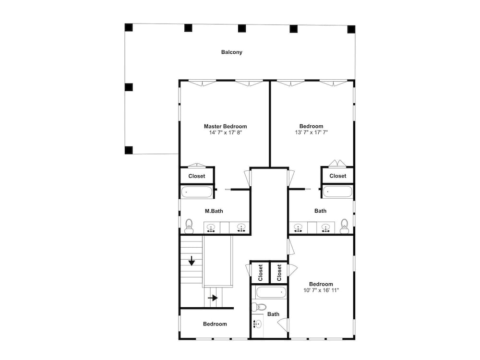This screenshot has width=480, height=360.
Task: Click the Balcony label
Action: [x=232, y=52]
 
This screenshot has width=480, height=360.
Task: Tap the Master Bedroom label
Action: [x=225, y=126]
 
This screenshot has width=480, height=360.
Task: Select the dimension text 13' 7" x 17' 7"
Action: [x=312, y=132]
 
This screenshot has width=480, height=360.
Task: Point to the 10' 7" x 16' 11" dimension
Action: [x=321, y=290]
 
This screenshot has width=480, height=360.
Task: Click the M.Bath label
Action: [x=214, y=211]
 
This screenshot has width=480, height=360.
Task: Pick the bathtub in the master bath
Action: [x=196, y=192]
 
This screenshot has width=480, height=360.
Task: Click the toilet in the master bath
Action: [x=189, y=226]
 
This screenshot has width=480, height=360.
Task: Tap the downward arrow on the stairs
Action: [x=192, y=261]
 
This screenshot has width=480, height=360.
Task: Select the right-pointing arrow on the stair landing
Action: [x=213, y=298]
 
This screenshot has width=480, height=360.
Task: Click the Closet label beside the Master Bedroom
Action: [x=197, y=176]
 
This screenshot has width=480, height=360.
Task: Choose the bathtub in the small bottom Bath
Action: [x=271, y=292]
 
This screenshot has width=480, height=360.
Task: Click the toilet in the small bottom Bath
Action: [x=259, y=306]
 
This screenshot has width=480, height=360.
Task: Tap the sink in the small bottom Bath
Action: [x=258, y=324]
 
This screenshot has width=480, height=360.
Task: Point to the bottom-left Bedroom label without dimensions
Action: [x=215, y=324]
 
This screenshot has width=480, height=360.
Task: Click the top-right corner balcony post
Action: [x=351, y=29]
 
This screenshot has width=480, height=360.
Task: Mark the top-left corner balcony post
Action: [x=129, y=27]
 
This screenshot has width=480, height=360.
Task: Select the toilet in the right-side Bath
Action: [x=345, y=226]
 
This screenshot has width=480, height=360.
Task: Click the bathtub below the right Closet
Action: [x=338, y=192]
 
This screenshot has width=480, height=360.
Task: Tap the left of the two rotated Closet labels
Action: [x=261, y=273]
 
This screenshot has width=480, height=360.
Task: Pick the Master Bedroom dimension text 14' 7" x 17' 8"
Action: [x=226, y=132]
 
